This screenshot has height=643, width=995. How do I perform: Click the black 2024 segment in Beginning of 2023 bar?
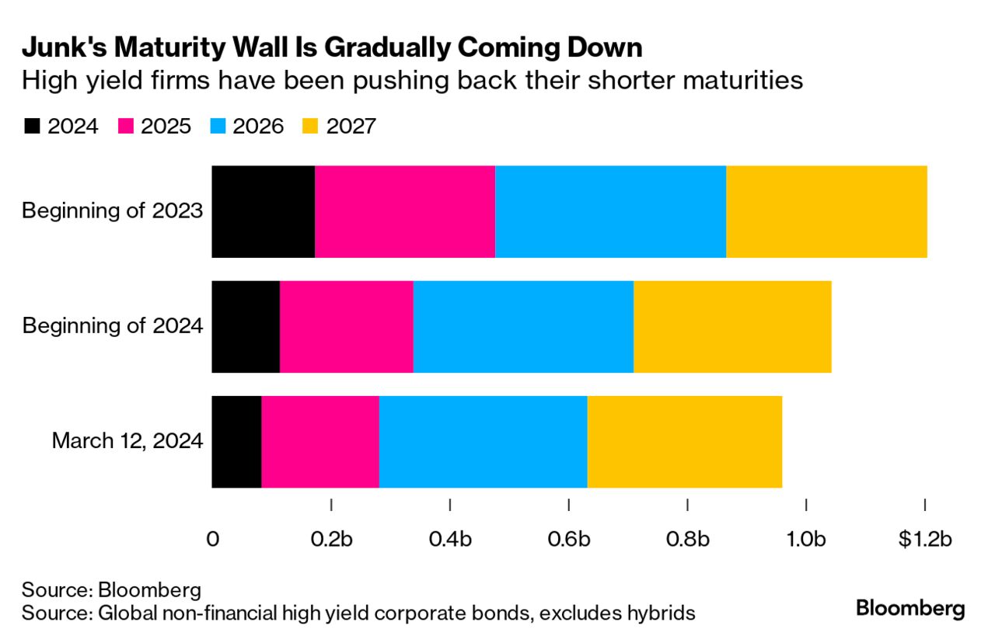click(263, 211)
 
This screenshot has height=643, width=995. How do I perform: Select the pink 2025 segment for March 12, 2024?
click(319, 441)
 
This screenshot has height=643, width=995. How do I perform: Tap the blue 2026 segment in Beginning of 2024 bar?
click(523, 326)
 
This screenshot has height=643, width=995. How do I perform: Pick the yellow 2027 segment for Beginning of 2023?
click(826, 211)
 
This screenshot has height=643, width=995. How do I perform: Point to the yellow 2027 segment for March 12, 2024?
click(684, 441)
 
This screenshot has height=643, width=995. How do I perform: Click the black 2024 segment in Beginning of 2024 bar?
click(245, 326)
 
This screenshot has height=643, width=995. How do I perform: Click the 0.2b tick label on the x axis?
click(331, 539)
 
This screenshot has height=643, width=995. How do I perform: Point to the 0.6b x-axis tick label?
click(569, 539)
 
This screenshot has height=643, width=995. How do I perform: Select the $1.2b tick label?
click(924, 539)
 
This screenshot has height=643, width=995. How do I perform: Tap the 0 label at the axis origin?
click(212, 539)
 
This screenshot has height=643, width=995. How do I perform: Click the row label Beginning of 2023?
click(112, 210)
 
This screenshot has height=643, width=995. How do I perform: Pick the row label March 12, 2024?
click(127, 441)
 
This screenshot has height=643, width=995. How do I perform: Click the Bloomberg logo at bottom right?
click(910, 608)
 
